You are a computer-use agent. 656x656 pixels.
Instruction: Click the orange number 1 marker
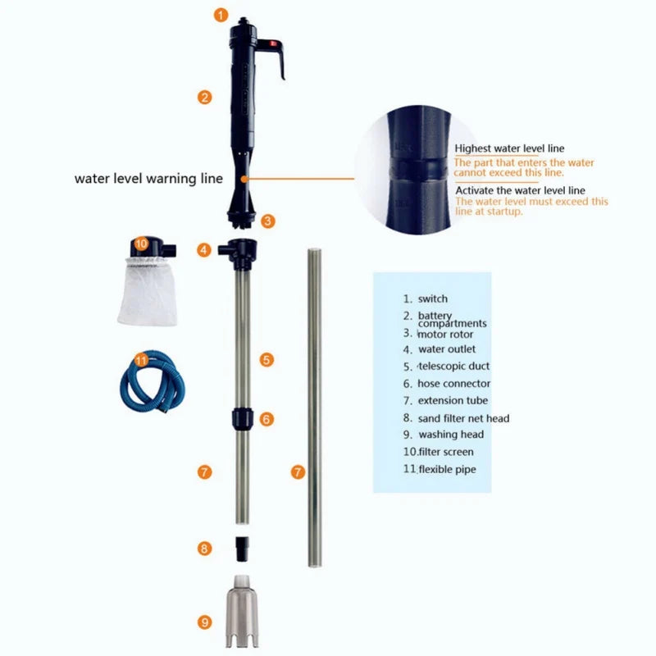221,14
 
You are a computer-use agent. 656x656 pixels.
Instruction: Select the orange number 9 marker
205,622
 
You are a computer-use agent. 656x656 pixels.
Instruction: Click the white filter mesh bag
150,291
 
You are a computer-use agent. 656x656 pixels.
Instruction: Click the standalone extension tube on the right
314,410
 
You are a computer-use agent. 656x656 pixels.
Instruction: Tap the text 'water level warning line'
148,178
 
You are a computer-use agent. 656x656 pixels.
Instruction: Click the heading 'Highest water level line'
509,148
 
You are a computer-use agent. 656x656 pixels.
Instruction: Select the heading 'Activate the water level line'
519,190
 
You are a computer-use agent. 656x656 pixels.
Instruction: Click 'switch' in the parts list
433,299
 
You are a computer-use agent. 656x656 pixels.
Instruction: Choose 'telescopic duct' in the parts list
453,367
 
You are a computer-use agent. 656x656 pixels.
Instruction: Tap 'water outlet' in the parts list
446,349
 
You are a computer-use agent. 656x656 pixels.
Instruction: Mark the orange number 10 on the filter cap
140,244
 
